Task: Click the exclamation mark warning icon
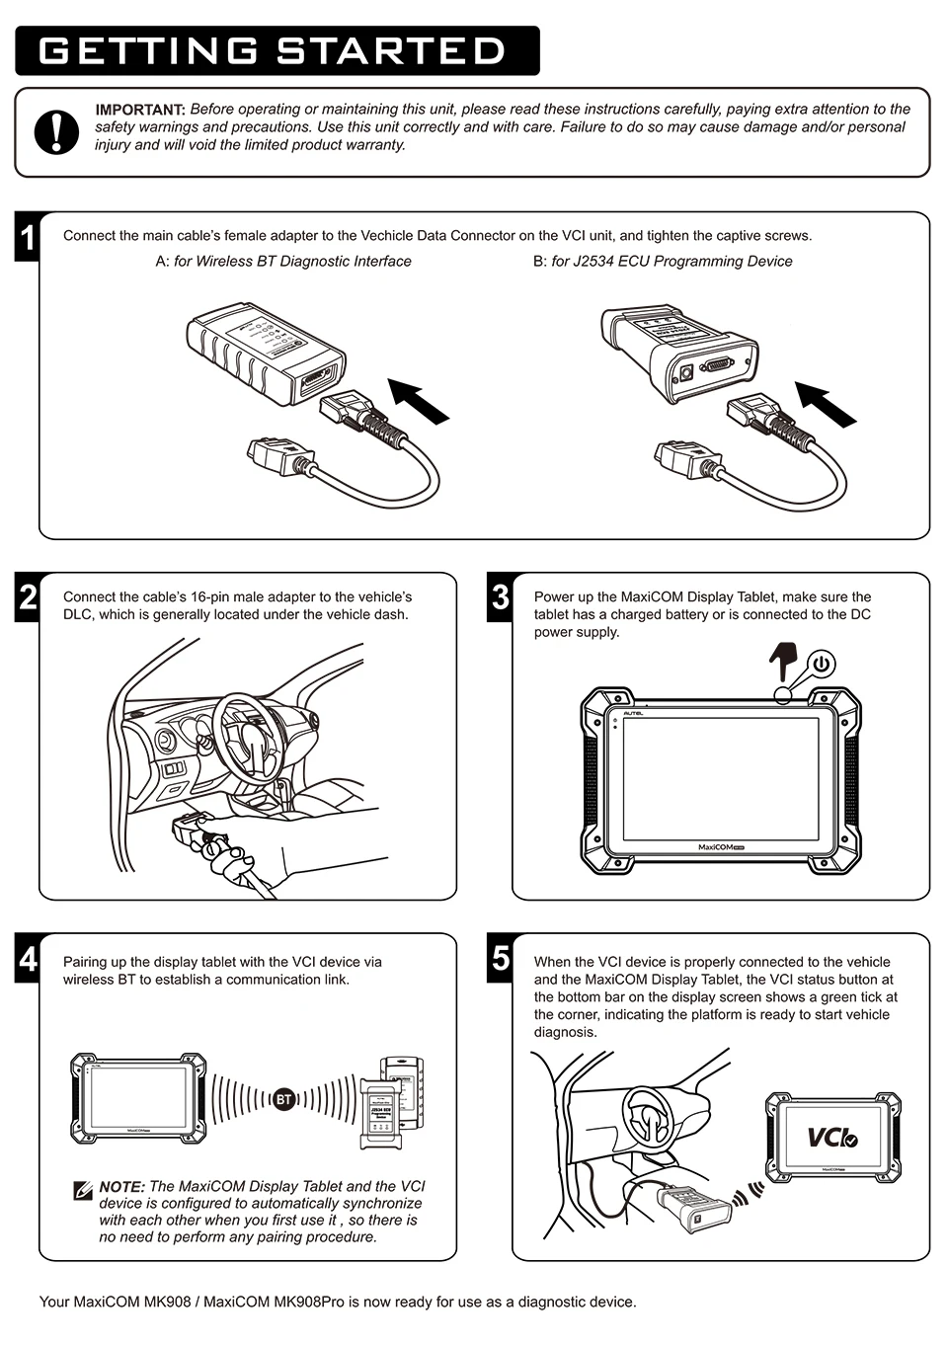pyautogui.click(x=56, y=132)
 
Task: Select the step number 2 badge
pyautogui.click(x=28, y=598)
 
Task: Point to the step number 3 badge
pyautogui.click(x=501, y=598)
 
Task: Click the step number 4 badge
pyautogui.click(x=28, y=960)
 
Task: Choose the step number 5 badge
pyautogui.click(x=501, y=960)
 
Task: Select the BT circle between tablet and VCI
pyautogui.click(x=282, y=1099)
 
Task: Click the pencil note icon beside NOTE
pyautogui.click(x=83, y=1190)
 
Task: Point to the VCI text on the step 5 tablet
pyautogui.click(x=832, y=1138)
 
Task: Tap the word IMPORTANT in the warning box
pyautogui.click(x=140, y=110)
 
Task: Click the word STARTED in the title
pyautogui.click(x=391, y=51)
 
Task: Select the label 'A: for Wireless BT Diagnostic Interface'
pyautogui.click(x=283, y=262)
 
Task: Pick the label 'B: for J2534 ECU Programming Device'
pyautogui.click(x=663, y=262)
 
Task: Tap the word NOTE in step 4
pyautogui.click(x=121, y=1187)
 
